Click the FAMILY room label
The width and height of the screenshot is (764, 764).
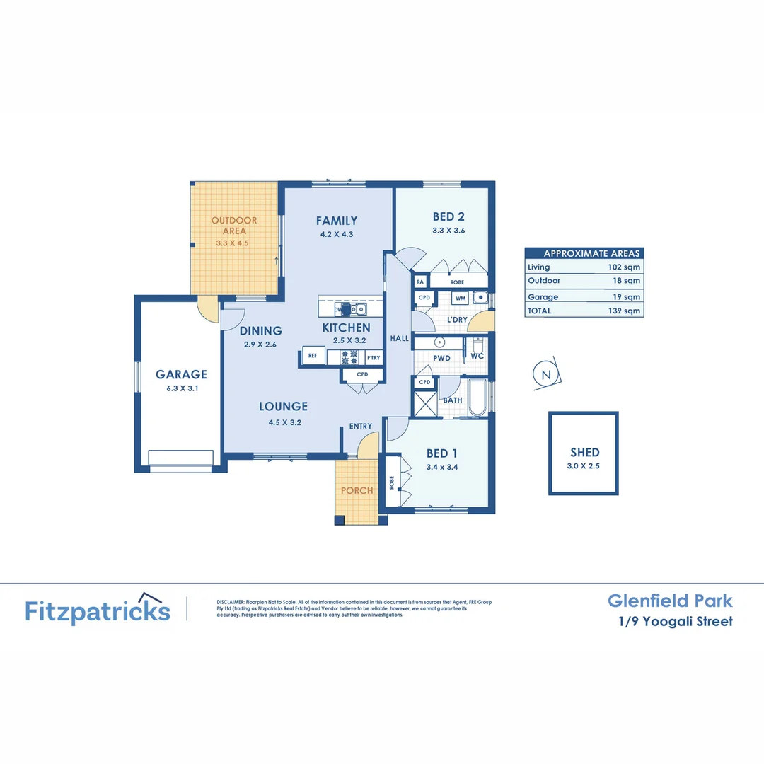[x=337, y=221]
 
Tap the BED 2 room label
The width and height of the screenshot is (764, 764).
[x=448, y=217]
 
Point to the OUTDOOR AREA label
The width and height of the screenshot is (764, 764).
[x=234, y=225]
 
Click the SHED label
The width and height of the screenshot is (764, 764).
[x=585, y=452]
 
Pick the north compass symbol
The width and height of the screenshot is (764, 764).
[x=545, y=376]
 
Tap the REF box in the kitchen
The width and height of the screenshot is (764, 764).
[x=312, y=357]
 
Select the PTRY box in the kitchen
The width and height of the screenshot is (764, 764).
[x=373, y=358]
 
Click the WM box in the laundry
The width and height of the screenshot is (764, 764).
[x=460, y=299]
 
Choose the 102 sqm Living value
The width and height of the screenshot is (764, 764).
[x=627, y=267]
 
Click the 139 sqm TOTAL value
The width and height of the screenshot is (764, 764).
[x=627, y=311]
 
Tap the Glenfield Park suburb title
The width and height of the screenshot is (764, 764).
[x=670, y=601]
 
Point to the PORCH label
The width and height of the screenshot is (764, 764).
[x=357, y=490]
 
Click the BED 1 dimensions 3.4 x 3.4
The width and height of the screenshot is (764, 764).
[x=444, y=467]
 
